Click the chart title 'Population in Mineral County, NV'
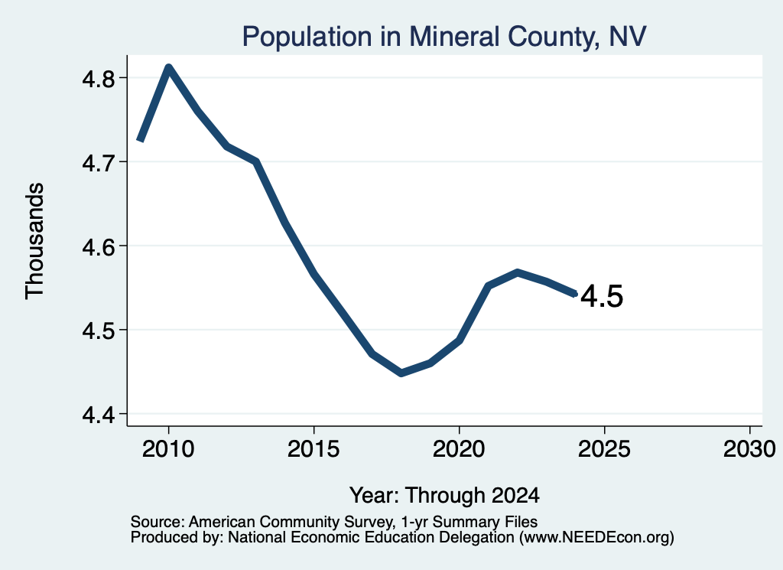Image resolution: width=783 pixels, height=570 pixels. [x=444, y=37]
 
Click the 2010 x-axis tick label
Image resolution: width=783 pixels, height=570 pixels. [x=168, y=449]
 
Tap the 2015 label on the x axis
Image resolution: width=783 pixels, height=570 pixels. [x=314, y=449]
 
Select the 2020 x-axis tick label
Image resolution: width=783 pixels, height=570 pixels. [x=459, y=449]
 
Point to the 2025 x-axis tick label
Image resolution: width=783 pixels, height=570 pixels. [x=604, y=449]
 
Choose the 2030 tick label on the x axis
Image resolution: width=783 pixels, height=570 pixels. [x=749, y=449]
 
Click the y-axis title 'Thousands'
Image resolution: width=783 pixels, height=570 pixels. [x=35, y=241]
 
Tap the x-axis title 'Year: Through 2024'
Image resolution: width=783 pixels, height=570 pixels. [x=444, y=496]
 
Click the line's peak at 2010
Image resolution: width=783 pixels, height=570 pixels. [x=169, y=68]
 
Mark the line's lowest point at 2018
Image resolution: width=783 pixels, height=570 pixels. [x=401, y=373]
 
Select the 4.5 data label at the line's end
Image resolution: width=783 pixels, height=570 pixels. [x=603, y=296]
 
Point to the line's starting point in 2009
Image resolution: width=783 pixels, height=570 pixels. [x=141, y=141]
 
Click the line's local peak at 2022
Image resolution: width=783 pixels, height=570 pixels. [x=518, y=273]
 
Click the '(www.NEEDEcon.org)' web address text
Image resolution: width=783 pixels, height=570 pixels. [x=596, y=538]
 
